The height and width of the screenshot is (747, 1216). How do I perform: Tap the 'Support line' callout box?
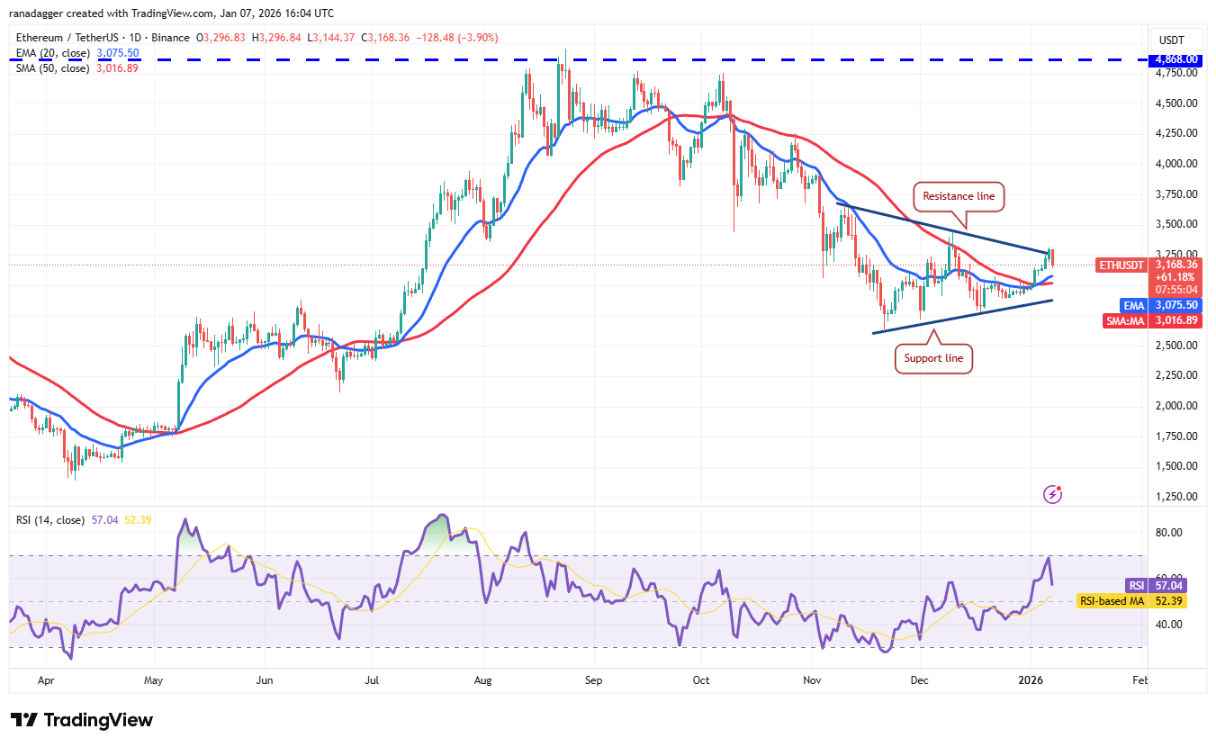pos(933,358)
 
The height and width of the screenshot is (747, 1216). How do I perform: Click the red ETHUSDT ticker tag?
pos(1121,265)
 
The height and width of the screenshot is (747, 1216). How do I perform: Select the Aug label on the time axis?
pos(483,681)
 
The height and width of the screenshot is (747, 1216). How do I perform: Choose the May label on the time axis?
pos(154,681)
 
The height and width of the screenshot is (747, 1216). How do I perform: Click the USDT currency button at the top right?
pos(1171,40)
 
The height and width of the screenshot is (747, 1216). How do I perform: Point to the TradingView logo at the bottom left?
pos(81,720)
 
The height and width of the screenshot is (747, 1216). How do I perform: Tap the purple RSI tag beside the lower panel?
pos(1138,584)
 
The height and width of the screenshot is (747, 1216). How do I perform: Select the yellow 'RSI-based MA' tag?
pos(1113,600)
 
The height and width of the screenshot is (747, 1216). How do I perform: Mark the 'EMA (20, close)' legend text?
pos(52,54)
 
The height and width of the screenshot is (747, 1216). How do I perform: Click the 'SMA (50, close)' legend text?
pos(52,68)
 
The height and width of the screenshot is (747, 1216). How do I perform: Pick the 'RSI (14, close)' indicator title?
pos(50,520)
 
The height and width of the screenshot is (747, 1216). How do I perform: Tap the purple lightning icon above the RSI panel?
pos(1052,493)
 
